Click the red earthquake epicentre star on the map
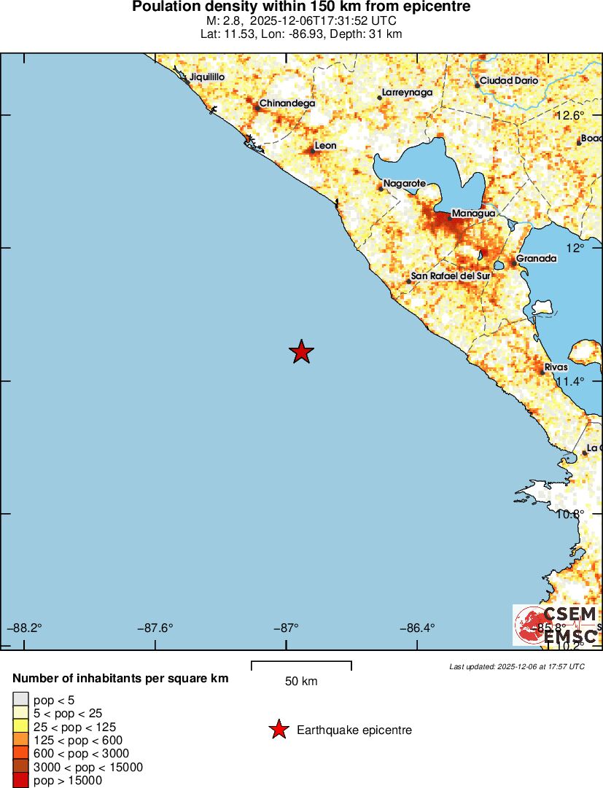point(301,352)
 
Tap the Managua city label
point(473,214)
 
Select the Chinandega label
point(287,104)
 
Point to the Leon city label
point(325,146)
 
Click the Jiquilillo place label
point(207,77)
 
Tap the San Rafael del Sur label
point(451,276)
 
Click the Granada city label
point(537,259)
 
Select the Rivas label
point(556,367)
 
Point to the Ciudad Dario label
point(509,81)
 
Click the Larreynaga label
point(408,93)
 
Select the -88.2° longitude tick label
point(26,628)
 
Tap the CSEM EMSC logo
point(556,625)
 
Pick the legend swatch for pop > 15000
point(20,781)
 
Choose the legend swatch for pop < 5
point(20,699)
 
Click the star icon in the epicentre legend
point(278,730)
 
